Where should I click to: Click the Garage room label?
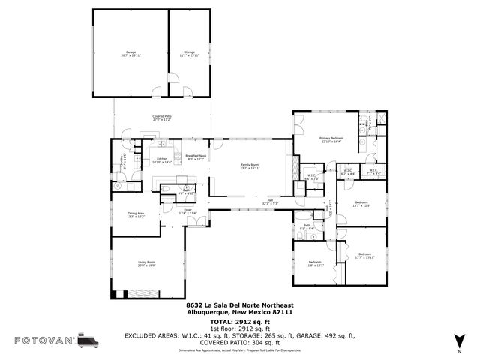pos(131,54)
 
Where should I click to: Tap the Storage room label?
pos(189,54)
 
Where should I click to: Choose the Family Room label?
pos(250,166)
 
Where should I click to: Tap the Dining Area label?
pos(136,214)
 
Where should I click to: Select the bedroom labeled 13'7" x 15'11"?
pos(364,256)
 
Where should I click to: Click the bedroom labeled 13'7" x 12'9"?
pos(361,203)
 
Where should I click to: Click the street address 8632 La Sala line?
pos(240,304)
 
